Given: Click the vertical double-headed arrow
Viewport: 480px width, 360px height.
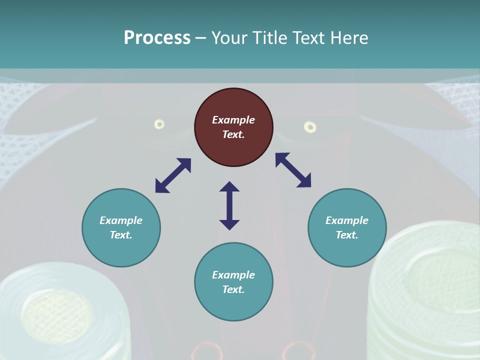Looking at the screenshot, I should coord(229,205).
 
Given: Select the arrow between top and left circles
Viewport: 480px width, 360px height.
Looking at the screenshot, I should coord(173,175).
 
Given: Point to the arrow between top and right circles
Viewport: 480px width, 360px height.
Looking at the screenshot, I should coord(293,170).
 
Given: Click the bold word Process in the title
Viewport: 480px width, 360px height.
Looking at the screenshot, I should coord(157,37).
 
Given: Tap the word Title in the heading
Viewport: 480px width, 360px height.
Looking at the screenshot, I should coord(268,37).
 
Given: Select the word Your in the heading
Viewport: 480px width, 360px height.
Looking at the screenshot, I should coord(228,37).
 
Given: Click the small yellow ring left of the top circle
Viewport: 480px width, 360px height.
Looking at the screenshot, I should coord(159,124).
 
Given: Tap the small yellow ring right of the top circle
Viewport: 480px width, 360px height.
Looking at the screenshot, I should coord(310,127).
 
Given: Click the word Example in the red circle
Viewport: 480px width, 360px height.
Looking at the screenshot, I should coord(233,120).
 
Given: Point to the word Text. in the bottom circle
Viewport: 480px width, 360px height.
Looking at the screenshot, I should coord(233,289).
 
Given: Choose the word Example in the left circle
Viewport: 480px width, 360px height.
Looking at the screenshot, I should coord(121,220).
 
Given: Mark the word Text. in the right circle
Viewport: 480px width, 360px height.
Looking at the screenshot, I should coord(347,235).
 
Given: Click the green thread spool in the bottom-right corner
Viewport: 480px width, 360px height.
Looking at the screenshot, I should coord(425,295).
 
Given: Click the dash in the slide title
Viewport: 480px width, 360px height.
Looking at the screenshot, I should coord(201,38).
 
